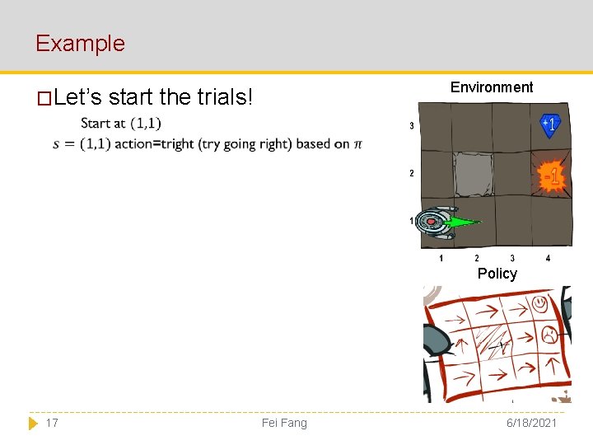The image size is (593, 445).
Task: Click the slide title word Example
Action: point(80,43)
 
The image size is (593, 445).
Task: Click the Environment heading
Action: point(492,87)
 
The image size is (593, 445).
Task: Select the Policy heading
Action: point(497,274)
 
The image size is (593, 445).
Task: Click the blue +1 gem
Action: point(550,124)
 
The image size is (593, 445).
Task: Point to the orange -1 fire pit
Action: point(551,176)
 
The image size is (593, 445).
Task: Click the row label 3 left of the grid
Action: point(412,126)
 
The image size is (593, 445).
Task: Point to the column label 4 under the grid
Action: point(549,259)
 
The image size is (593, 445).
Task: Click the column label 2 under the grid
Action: point(477,259)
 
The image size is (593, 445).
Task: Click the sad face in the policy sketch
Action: point(547,335)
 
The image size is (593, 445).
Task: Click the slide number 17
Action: point(52,423)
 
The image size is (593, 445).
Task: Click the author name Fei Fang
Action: point(284,423)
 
